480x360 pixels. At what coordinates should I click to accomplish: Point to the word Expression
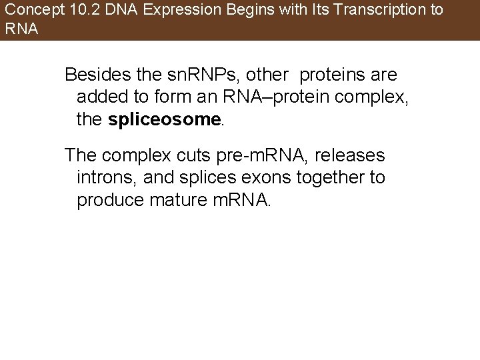(165, 11)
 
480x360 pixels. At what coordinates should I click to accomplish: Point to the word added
(100, 97)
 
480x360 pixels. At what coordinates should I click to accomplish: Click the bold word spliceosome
(164, 119)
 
